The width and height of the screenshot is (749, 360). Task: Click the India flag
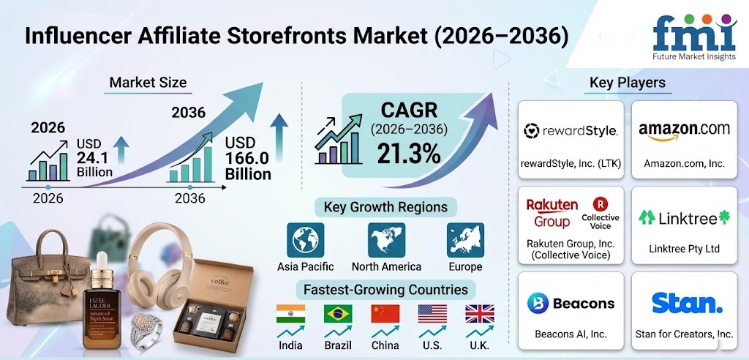290,314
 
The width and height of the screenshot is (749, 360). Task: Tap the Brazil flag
338,314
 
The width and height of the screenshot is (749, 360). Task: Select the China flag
385,314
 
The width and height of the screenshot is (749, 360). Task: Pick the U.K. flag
480,314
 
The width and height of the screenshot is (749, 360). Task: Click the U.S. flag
432,314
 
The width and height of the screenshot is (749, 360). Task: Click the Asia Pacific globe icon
305,240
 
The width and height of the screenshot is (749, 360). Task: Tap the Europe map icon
465,240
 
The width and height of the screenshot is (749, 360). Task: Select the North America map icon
386,240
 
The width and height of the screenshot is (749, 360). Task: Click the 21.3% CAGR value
408,153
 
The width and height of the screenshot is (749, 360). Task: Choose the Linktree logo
684,218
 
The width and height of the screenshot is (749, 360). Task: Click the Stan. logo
687,303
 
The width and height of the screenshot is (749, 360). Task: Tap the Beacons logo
571,303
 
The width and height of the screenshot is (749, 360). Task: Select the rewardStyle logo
571,130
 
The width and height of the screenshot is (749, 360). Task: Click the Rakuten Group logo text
552,213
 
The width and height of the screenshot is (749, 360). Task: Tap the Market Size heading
148,82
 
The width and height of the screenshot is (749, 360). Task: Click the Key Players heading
627,82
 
